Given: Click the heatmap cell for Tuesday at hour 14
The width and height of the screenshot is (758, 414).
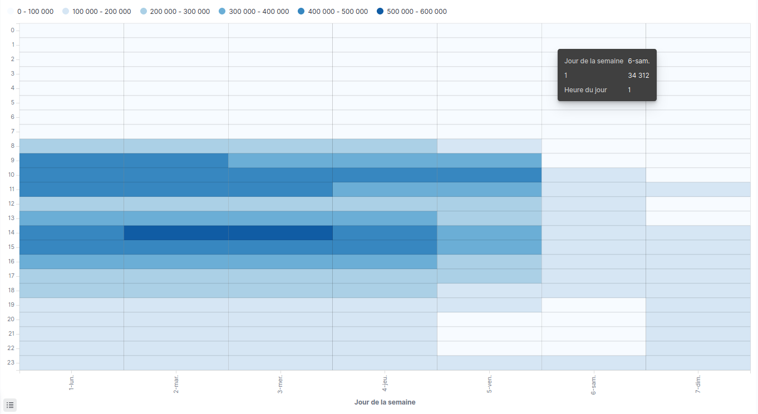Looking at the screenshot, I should tap(176, 232).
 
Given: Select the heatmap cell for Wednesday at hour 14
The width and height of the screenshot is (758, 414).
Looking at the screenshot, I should tap(280, 232).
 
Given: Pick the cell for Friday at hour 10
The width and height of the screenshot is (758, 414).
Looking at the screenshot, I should tap(489, 174).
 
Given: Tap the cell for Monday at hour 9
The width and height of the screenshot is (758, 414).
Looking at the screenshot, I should tap(71, 160).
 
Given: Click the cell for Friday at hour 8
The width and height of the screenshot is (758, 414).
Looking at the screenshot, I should tap(489, 146).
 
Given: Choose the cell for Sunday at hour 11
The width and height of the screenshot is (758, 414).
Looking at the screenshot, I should tap(698, 189).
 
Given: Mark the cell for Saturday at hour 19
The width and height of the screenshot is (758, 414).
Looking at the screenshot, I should tap(594, 305).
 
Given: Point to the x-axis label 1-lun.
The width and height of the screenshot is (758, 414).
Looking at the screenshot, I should tap(71, 383).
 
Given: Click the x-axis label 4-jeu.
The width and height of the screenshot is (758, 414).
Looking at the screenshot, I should tap(385, 383).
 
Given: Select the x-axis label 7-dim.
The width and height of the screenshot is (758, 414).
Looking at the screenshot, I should tap(698, 383).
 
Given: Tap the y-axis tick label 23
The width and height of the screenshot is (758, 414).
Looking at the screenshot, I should tap(12, 362).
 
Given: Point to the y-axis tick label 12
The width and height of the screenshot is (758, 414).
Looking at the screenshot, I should tap(12, 203).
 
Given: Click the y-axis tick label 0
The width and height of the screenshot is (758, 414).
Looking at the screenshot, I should tap(13, 30).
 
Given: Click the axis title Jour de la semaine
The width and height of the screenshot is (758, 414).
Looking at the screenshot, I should tap(385, 402).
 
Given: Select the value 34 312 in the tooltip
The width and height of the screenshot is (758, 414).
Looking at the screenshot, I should tap(638, 76).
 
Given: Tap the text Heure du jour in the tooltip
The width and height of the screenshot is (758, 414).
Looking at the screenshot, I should tap(585, 90).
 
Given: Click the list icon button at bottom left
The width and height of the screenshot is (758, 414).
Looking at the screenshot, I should tap(10, 405).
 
